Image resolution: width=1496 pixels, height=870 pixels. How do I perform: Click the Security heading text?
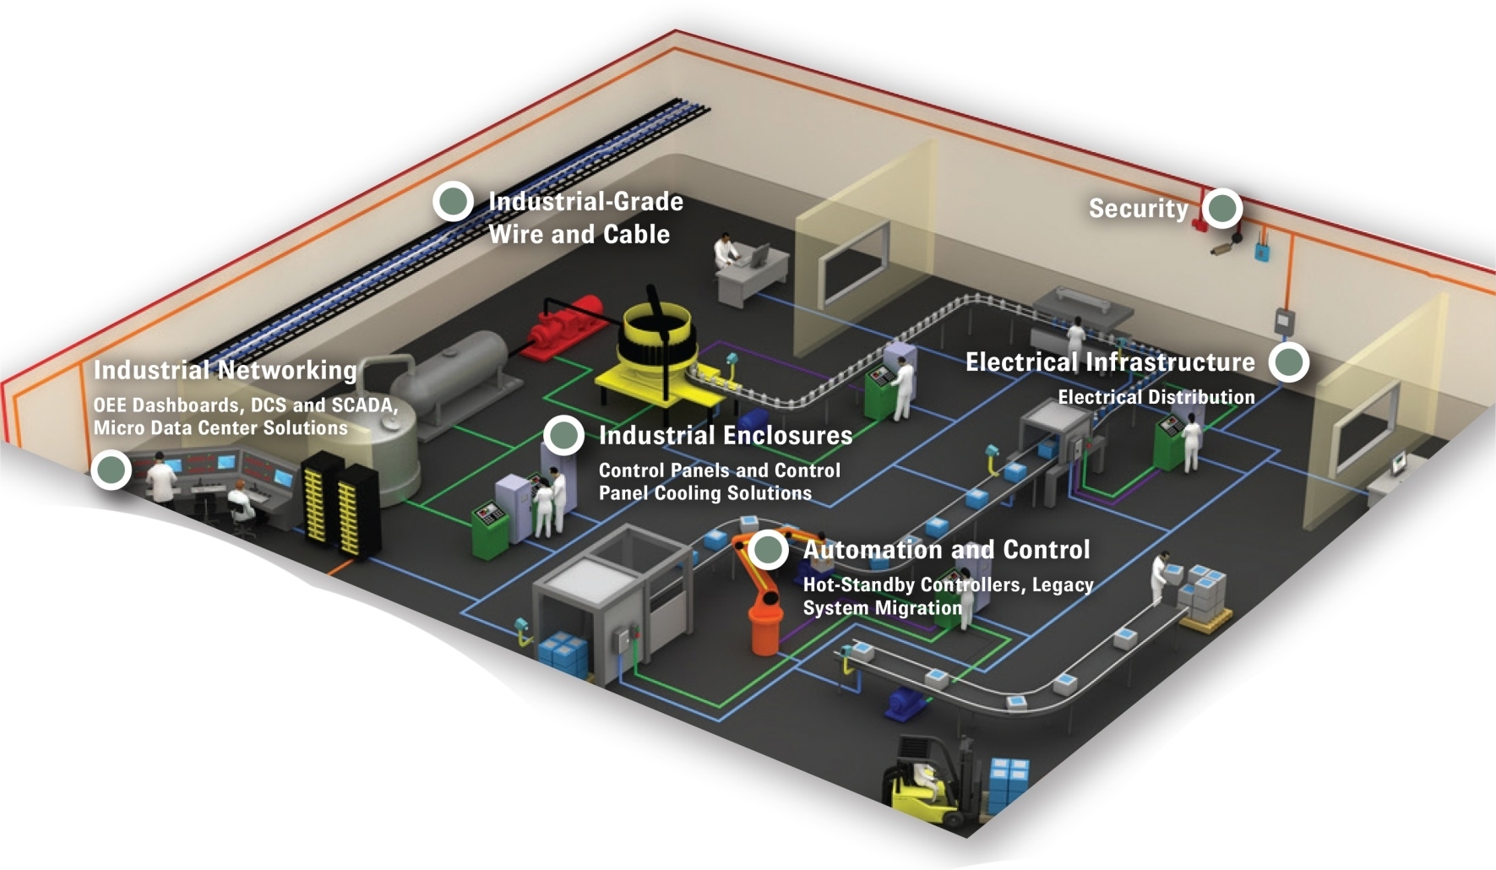pos(1138,209)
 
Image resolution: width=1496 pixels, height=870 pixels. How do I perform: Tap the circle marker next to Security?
pos(1222,208)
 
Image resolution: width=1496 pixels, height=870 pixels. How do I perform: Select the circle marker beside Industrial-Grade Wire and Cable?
pos(454,201)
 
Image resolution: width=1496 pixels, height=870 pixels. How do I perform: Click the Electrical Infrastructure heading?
pos(1109,362)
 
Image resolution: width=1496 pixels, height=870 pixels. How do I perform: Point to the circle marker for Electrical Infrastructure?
pos(1289,362)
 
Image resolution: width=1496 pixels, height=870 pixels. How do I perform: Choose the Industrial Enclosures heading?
pos(725,436)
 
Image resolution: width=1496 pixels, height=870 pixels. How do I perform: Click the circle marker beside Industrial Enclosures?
pos(564,435)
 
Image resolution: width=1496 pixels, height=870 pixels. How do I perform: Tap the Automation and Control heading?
pos(946,550)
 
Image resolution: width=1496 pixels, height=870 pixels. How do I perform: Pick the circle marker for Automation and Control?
pos(768,550)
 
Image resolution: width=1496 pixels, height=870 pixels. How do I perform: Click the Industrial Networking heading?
pos(225,370)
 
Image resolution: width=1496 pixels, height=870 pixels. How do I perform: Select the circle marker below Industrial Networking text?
pos(112,470)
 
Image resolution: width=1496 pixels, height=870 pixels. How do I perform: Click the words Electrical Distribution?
pos(1156,397)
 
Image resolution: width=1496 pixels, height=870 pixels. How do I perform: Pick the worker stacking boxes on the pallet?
pos(1163,576)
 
